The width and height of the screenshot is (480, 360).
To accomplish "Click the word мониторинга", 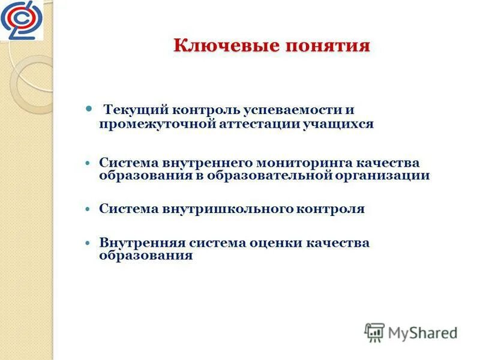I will (305, 163).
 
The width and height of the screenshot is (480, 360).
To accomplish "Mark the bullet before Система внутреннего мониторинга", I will (88, 163).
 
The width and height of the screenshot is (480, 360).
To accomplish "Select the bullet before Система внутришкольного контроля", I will (88, 209).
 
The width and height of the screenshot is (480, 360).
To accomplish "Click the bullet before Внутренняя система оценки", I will (88, 243).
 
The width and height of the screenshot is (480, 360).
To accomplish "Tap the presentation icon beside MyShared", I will (374, 332).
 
